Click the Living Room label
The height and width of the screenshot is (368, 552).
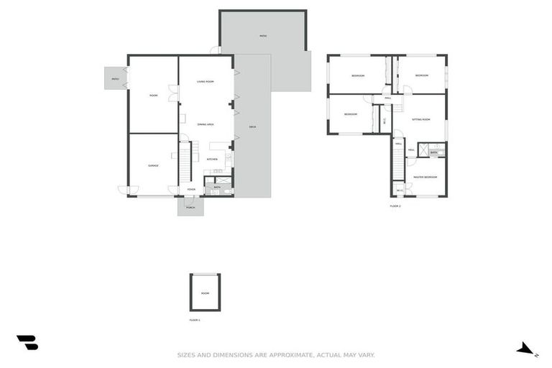(206, 81)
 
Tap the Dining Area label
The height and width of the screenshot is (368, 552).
(206, 124)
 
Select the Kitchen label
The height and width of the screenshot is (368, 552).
(212, 159)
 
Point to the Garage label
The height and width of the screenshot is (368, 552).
(153, 166)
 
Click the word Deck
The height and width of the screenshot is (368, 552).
(252, 127)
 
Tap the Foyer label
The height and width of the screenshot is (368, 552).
(191, 189)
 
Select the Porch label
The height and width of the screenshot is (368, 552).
(190, 207)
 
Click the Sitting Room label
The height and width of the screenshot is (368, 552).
(420, 119)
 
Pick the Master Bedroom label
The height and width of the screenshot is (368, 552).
(425, 177)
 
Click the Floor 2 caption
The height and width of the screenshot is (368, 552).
(395, 206)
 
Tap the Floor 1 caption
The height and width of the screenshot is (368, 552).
(195, 320)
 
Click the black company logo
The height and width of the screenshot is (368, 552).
(27, 343)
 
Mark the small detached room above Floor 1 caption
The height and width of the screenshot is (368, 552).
(205, 293)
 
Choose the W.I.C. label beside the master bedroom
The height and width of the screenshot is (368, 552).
(400, 190)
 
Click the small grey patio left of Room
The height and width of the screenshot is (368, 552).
(115, 78)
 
